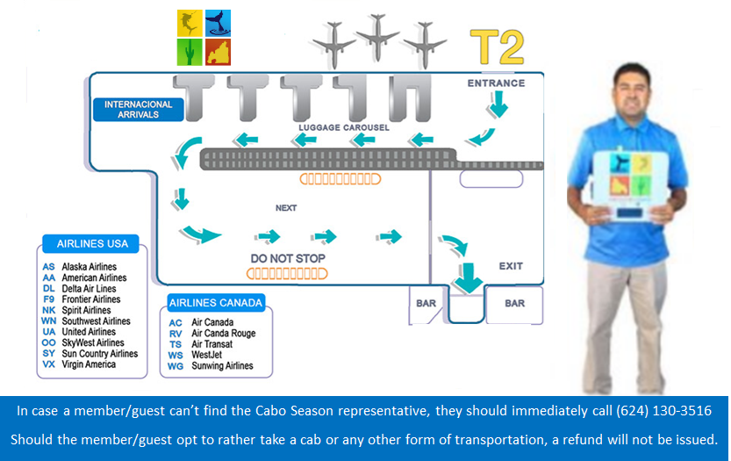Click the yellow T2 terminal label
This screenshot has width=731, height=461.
coord(497,47)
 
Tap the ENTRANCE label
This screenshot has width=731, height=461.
coord(496,83)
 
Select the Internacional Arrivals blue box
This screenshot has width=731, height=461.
coord(139,109)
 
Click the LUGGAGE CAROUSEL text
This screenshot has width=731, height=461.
coord(343,127)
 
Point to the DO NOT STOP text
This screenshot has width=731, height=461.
coord(288,258)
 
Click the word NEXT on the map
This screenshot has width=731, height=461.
coord(286,208)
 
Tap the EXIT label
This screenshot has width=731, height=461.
coord(510,265)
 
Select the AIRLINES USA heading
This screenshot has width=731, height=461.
coord(92,243)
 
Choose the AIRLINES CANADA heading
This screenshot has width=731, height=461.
coord(216,303)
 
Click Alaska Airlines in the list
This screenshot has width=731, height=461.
coord(89,267)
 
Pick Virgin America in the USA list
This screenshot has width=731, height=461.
coord(89,364)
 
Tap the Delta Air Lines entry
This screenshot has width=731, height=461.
coord(89,289)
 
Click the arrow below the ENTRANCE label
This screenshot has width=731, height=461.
coord(498,106)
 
